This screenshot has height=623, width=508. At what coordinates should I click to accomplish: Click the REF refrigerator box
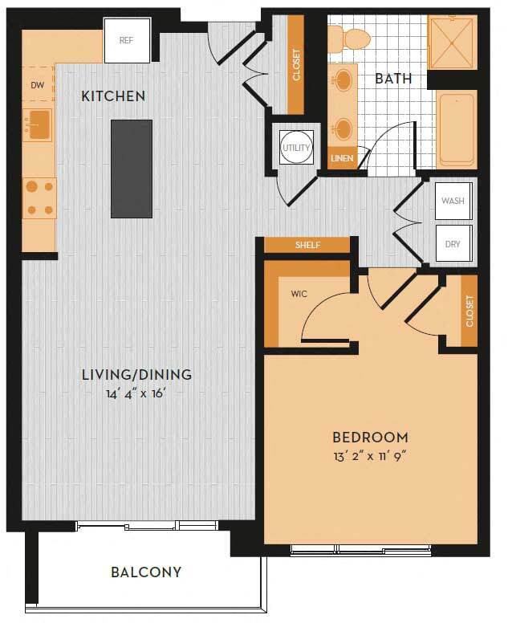pos(127,39)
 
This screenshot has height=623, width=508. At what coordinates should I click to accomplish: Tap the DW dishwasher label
pos(37,84)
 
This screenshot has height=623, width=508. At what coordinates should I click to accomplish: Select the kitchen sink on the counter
pos(37,125)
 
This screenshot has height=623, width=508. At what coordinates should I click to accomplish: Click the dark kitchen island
pos(131,169)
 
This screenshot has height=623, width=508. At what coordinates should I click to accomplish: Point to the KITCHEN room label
pos(113,96)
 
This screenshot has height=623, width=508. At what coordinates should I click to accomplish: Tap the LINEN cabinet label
pos(341,158)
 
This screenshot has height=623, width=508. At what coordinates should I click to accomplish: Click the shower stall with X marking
pos(452,42)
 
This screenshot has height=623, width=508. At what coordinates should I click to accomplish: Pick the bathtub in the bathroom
pos(457,128)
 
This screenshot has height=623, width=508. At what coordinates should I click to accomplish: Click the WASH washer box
pos(453,202)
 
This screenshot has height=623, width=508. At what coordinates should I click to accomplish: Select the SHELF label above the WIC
pos(307,245)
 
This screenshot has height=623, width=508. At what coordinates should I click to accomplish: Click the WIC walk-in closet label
pos(299,294)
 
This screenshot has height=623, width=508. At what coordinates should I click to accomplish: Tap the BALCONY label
pos(146,572)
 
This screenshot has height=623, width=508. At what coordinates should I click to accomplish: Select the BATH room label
pos(393,79)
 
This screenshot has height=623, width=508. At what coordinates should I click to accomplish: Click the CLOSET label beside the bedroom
pos(469,311)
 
